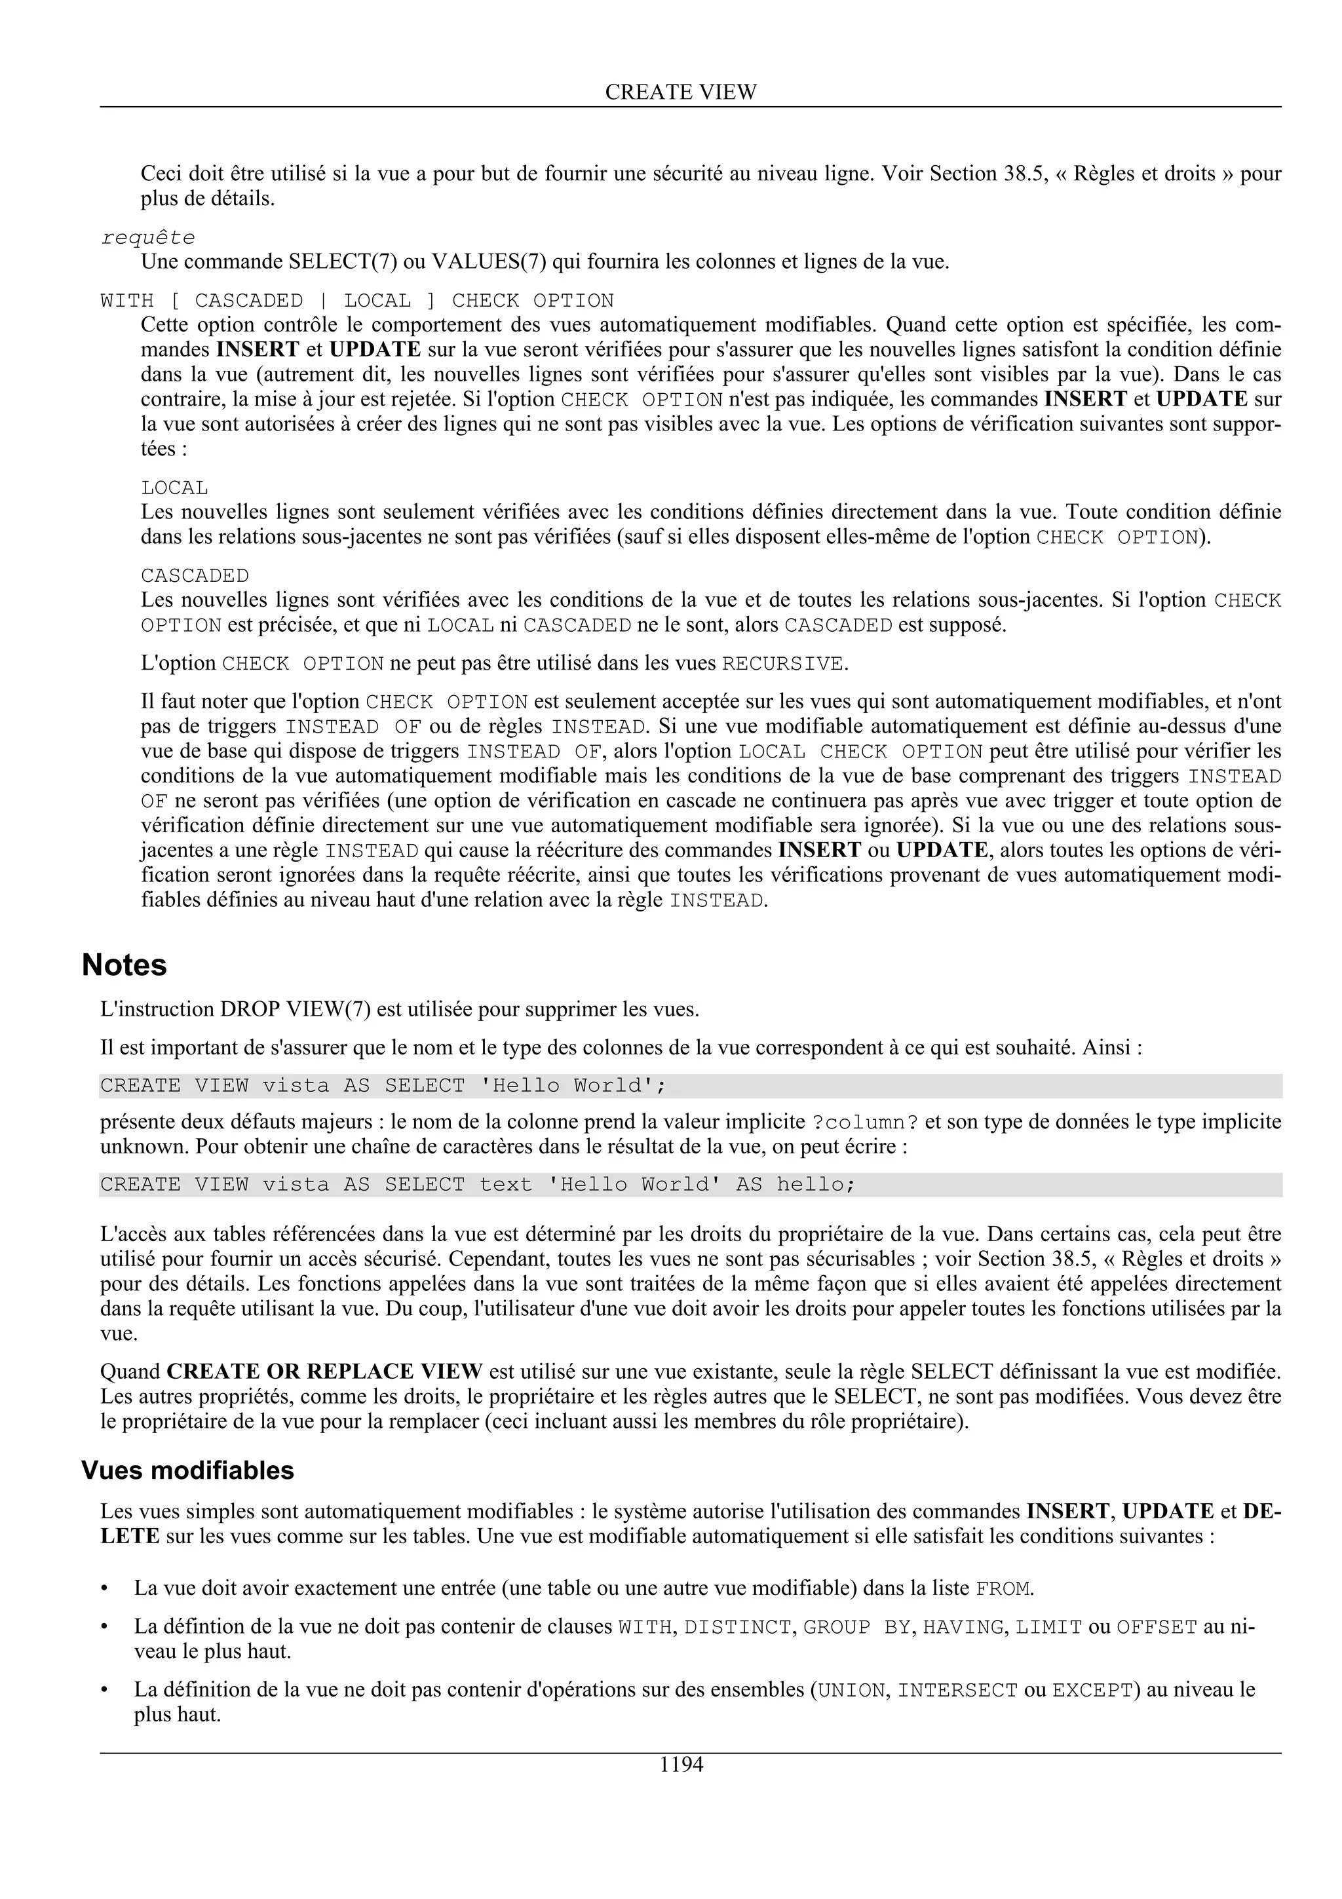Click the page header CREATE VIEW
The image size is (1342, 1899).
[x=681, y=92]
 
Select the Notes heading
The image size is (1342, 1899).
[x=124, y=965]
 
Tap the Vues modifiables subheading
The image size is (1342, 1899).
[x=187, y=1470]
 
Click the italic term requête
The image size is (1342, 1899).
[x=148, y=239]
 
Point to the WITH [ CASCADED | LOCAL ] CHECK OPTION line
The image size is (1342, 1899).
[x=356, y=300]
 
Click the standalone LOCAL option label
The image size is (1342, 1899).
[x=174, y=488]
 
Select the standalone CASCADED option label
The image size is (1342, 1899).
[x=195, y=575]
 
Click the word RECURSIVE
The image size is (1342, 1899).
[x=782, y=664]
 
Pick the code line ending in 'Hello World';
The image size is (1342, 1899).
[x=383, y=1086]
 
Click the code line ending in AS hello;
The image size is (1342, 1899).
[x=477, y=1185]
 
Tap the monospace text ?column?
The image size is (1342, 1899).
[x=865, y=1123]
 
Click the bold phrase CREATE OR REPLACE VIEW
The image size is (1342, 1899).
[x=324, y=1372]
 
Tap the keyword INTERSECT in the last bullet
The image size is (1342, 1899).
[x=957, y=1691]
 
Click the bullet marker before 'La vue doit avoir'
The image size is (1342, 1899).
[x=104, y=1590]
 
